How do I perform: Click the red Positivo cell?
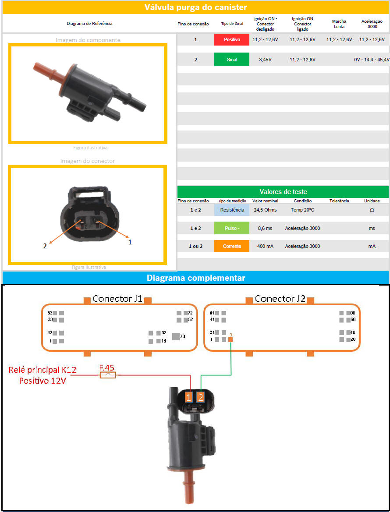(231, 39)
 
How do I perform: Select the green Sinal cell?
(231, 59)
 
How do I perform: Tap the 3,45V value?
(265, 60)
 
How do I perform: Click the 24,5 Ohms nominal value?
(265, 210)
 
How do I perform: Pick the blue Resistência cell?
(231, 210)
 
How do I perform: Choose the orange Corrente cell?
(231, 246)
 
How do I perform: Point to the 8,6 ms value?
(265, 228)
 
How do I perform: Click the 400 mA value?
(265, 246)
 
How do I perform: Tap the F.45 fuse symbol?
(107, 375)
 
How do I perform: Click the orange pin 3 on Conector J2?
(230, 339)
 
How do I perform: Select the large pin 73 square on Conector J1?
(176, 336)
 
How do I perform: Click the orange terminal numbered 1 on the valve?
(189, 397)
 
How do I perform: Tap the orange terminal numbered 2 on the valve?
(200, 397)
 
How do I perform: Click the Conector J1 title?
(117, 298)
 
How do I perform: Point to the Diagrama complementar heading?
(195, 278)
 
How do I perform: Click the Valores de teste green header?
(283, 192)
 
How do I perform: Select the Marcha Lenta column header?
(339, 24)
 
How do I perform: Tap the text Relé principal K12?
(43, 370)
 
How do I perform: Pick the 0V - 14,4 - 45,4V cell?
(372, 60)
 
